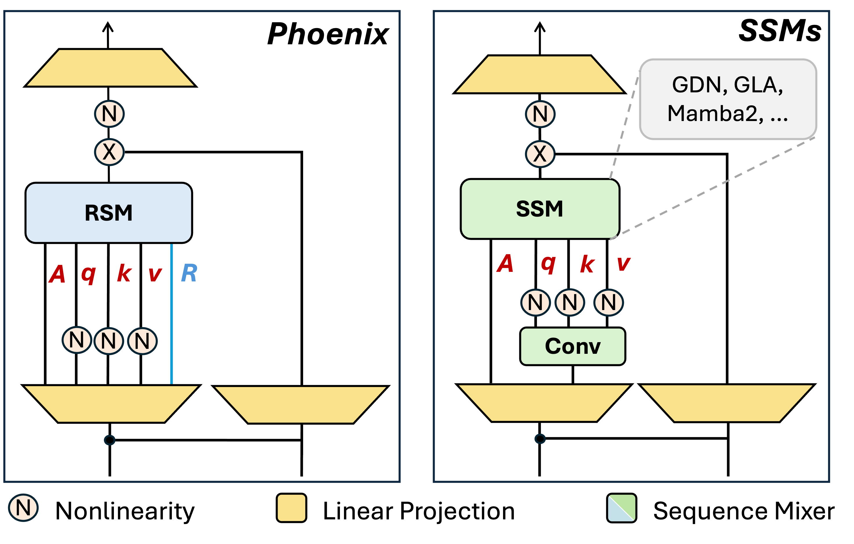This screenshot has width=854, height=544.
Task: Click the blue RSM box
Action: click(108, 213)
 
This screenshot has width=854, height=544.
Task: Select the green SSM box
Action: click(540, 209)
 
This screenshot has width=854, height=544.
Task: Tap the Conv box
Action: click(572, 346)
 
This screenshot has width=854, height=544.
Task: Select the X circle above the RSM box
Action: click(109, 152)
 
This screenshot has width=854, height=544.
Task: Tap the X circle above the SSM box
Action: click(540, 154)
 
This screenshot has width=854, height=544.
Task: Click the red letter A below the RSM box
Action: click(57, 274)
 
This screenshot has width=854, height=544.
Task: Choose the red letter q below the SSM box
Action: click(548, 264)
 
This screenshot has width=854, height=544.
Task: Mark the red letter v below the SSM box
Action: click(624, 264)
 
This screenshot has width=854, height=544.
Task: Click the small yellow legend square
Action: click(291, 508)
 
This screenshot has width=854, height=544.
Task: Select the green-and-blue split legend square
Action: click(621, 508)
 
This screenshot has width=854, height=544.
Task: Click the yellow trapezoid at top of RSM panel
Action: click(110, 68)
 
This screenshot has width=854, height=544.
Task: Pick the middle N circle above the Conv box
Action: click(569, 302)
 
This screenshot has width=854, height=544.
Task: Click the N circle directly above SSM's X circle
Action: click(540, 114)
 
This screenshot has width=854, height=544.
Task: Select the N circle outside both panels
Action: click(23, 508)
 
